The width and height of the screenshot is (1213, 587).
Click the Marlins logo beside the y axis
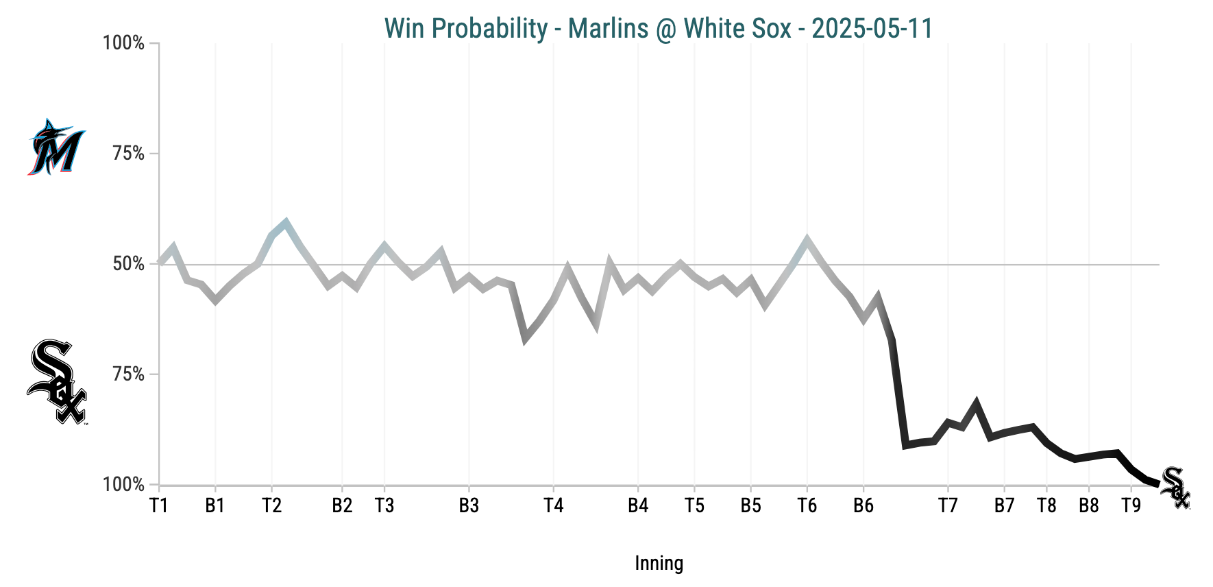tap(56, 147)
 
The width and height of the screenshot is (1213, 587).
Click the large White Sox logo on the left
tap(57, 381)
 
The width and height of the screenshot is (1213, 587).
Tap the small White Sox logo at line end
tap(1177, 488)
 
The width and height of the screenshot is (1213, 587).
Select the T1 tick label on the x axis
tap(159, 506)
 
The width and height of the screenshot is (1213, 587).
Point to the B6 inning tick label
tap(863, 506)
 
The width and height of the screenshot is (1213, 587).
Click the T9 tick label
tap(1131, 506)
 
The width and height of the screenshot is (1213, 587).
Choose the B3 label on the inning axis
tap(469, 506)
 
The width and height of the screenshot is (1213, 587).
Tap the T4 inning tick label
tap(553, 506)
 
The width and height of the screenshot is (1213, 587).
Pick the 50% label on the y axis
tap(129, 264)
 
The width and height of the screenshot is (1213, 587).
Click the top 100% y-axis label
tap(124, 43)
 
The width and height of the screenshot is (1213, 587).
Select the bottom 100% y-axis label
tap(124, 485)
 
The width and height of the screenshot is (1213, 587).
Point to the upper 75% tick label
tap(129, 154)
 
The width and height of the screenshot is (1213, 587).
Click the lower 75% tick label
tap(129, 374)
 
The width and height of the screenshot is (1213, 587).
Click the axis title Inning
tap(659, 564)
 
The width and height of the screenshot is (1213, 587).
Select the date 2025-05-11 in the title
tap(872, 29)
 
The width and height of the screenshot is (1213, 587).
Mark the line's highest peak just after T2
tap(286, 222)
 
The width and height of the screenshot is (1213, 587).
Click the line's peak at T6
tap(807, 240)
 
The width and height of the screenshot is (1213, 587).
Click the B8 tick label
tap(1089, 506)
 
